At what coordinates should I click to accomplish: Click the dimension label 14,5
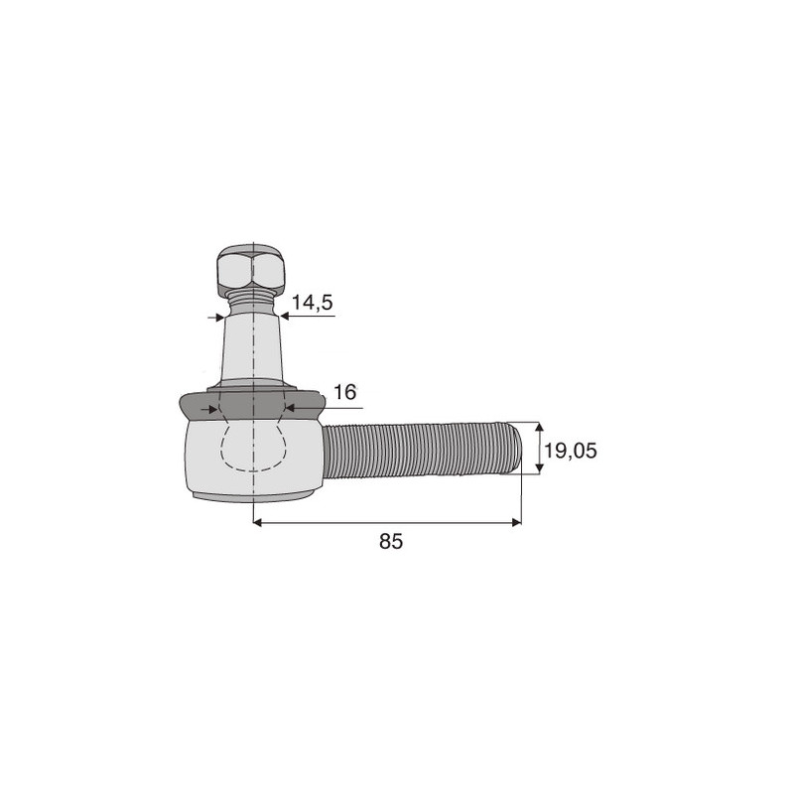tap(312, 303)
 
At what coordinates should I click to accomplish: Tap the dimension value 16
tap(344, 392)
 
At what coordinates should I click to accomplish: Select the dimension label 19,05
tap(570, 451)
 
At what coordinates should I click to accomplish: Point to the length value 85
tap(391, 541)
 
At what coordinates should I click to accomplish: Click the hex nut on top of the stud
tap(250, 271)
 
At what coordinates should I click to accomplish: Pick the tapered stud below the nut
tap(252, 349)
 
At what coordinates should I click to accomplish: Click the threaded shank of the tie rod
tap(420, 451)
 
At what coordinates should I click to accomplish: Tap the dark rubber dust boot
tap(251, 405)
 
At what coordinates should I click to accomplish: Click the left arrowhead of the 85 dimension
tap(257, 522)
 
